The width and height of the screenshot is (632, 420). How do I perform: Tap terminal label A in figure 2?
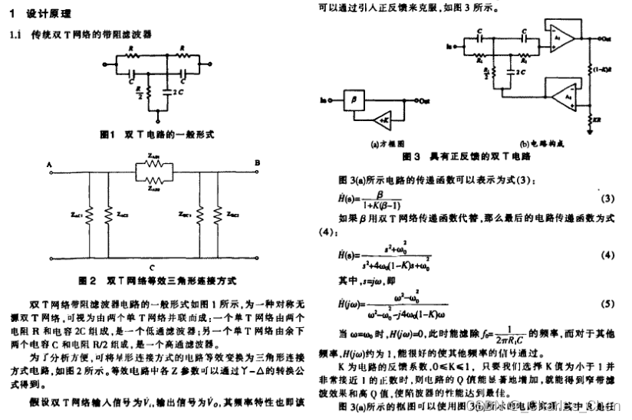48,164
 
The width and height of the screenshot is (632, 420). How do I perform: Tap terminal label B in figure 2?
258,162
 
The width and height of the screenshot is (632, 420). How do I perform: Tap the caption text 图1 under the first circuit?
107,133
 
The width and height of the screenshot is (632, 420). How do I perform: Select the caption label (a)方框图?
386,143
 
